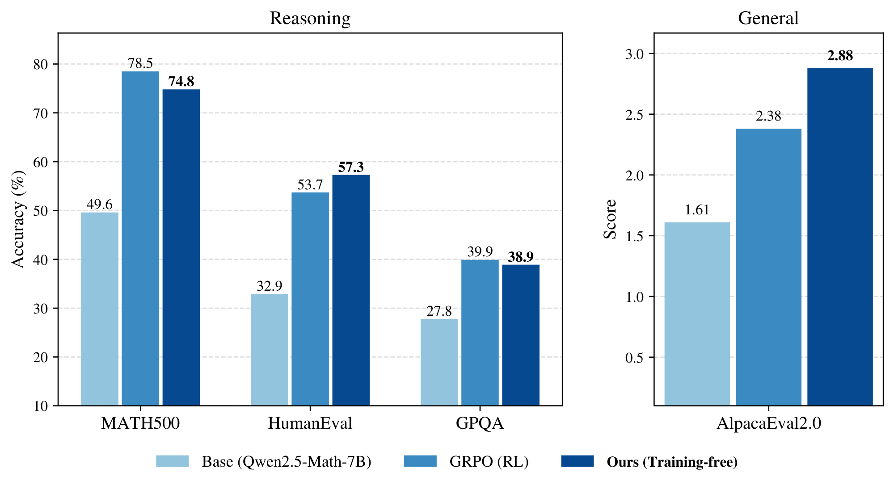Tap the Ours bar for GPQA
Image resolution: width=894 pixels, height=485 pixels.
(x=521, y=335)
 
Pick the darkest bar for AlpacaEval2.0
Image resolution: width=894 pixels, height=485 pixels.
(x=840, y=237)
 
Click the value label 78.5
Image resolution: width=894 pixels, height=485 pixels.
(x=140, y=63)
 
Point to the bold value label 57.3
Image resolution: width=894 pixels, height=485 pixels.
(x=351, y=167)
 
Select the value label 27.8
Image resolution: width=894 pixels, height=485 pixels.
(x=439, y=311)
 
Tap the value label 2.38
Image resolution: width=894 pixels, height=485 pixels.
(x=768, y=116)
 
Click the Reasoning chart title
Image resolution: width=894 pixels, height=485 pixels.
(x=310, y=18)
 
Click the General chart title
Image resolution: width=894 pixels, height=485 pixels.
(x=768, y=18)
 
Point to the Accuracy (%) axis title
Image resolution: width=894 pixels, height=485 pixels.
(x=18, y=219)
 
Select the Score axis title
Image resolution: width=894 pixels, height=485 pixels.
(x=610, y=219)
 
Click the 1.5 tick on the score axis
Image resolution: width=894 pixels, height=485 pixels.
(x=635, y=236)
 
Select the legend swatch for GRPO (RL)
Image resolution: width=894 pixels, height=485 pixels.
(x=420, y=461)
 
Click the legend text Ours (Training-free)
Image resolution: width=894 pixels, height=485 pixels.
(x=672, y=462)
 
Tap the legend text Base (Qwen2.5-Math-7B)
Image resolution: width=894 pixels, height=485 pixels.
(x=287, y=462)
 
